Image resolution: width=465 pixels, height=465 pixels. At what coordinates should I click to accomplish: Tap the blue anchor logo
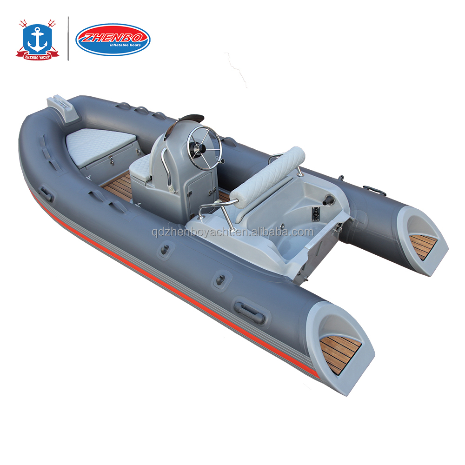pos(37,38)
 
